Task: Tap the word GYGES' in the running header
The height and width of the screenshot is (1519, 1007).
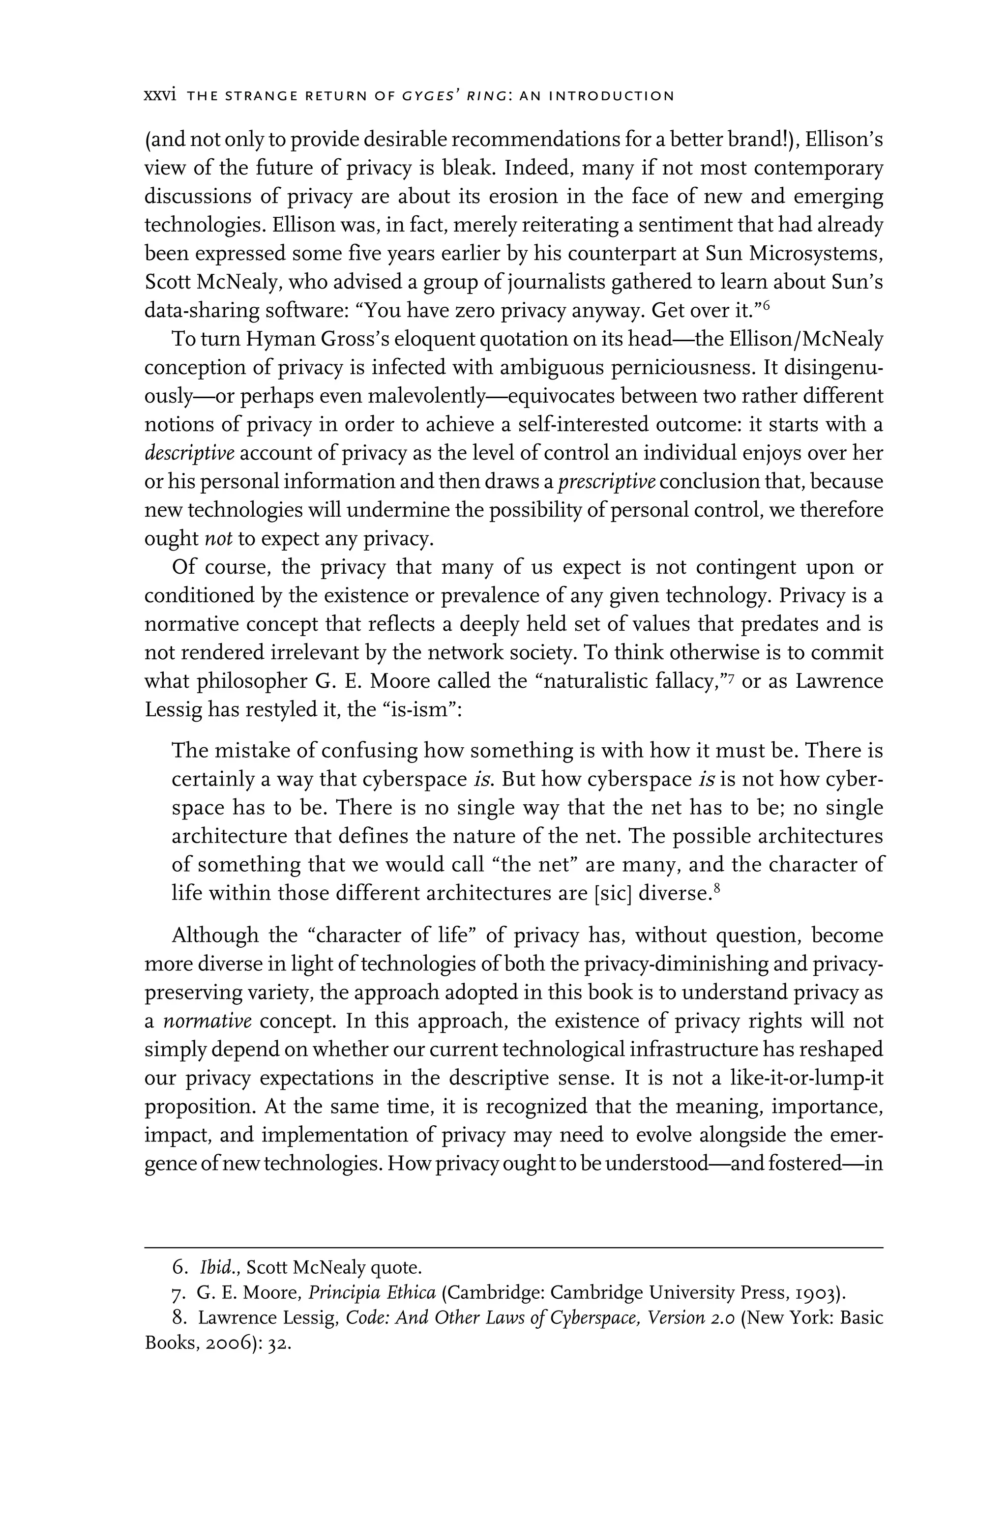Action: coord(429,97)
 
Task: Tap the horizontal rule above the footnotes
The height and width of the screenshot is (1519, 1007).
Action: coord(514,1248)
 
